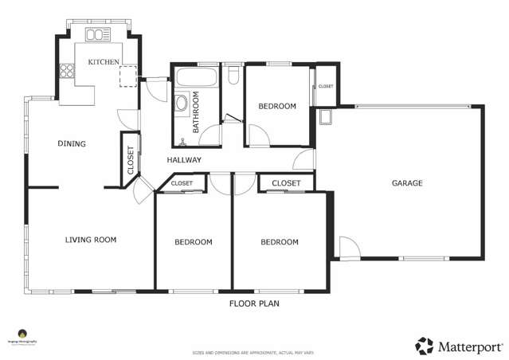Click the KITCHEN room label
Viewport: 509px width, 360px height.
pyautogui.click(x=104, y=61)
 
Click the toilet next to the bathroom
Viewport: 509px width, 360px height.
pyautogui.click(x=233, y=76)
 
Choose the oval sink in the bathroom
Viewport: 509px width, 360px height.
pyautogui.click(x=182, y=103)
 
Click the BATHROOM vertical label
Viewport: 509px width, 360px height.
pyautogui.click(x=196, y=113)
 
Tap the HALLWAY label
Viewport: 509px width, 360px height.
pyautogui.click(x=184, y=160)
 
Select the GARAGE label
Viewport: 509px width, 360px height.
pyautogui.click(x=406, y=183)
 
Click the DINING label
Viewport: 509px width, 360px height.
pyautogui.click(x=72, y=144)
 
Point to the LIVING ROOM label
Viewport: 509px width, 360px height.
pyautogui.click(x=91, y=239)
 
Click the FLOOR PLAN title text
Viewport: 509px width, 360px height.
pyautogui.click(x=254, y=303)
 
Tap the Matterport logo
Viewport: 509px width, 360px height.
pyautogui.click(x=459, y=346)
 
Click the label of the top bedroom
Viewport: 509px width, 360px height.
pyautogui.click(x=277, y=106)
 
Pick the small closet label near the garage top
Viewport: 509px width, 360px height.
pyautogui.click(x=326, y=86)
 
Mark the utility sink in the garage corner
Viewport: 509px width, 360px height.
pyautogui.click(x=326, y=118)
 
